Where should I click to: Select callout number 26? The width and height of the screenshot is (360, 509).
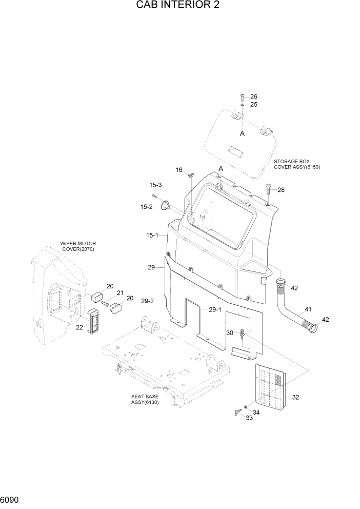point(254,96)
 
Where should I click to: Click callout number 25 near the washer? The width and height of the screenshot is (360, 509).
point(254,104)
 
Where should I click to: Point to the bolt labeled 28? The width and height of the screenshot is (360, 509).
point(268,190)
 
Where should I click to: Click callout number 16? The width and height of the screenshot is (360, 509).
point(179,170)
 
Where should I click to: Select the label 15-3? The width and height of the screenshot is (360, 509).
point(155,185)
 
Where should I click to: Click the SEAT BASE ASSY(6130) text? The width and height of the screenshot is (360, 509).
point(144,400)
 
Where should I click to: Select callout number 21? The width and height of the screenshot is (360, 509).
point(121,293)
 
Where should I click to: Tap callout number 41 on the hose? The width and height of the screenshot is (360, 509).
point(308,309)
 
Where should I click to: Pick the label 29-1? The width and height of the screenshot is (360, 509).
point(215,309)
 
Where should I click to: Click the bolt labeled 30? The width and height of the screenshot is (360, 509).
point(242,335)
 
